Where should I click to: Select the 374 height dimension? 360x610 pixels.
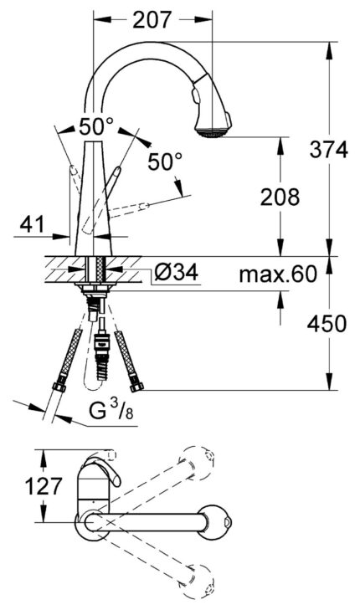[x=329, y=150]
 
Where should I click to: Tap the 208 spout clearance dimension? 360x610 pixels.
[x=280, y=198]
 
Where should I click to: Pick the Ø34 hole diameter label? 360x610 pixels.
[x=176, y=273]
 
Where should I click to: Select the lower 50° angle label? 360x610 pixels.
[x=164, y=162]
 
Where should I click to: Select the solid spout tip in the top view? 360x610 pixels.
[x=225, y=523]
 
